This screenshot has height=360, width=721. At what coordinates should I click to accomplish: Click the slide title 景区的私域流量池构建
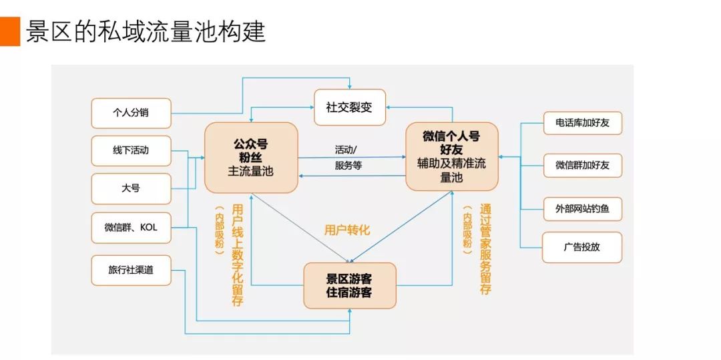coord(146,31)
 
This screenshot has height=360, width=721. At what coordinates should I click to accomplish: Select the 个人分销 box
coord(131,113)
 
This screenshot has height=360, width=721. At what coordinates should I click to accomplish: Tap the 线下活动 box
coord(131,150)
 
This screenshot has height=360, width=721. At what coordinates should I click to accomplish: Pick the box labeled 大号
coord(131,188)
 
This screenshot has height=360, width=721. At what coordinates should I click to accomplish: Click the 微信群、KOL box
coord(131,228)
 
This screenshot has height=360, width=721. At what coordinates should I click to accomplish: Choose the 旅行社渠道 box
coord(131,270)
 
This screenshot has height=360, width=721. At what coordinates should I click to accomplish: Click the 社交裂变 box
coord(350,107)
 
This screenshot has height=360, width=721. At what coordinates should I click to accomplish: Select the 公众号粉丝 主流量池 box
coord(251,158)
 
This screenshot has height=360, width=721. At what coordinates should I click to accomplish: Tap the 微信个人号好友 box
coord(452,156)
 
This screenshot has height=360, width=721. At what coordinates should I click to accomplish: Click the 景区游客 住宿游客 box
coord(350,285)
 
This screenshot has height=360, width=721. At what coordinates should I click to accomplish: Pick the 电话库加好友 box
coord(582,123)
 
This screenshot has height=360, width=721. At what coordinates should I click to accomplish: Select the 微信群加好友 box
coord(582,165)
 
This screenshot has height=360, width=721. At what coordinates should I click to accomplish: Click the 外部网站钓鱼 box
coord(582,208)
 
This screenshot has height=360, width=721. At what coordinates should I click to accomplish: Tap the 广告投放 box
coord(582,247)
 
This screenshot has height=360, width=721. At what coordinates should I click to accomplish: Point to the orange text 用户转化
coord(346,230)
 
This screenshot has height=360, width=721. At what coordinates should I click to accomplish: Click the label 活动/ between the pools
coord(346,149)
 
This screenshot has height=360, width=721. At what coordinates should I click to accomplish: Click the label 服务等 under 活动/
coord(348,165)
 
